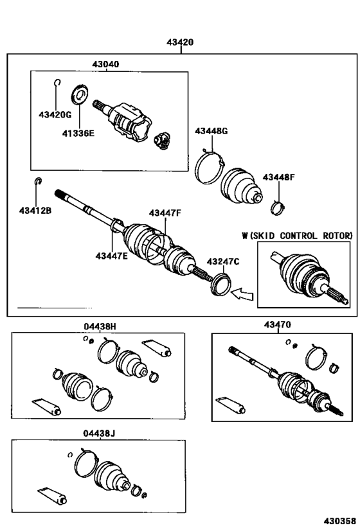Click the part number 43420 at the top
coord(181,42)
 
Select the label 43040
coord(105,64)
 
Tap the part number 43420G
coord(55,115)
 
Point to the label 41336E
coord(78,134)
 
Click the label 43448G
coord(212,131)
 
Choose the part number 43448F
coord(278,177)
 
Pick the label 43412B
coord(35,211)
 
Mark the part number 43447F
coord(165,213)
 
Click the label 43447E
coord(111,256)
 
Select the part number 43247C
coord(223,261)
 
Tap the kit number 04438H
coord(100,326)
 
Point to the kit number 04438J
coord(99,434)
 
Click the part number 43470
coord(277,325)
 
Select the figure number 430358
coord(339,521)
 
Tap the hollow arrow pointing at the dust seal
coord(242,294)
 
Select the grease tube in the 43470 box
coord(230,405)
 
